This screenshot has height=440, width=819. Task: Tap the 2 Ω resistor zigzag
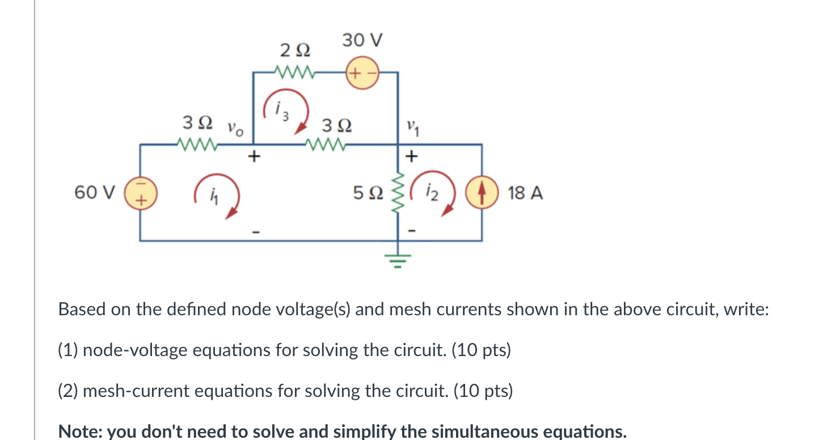[293, 73]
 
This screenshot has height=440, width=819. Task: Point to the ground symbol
[397, 261]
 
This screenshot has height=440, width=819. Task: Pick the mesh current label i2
[433, 193]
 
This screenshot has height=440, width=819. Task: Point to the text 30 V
[362, 41]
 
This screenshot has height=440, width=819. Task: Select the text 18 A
[526, 193]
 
